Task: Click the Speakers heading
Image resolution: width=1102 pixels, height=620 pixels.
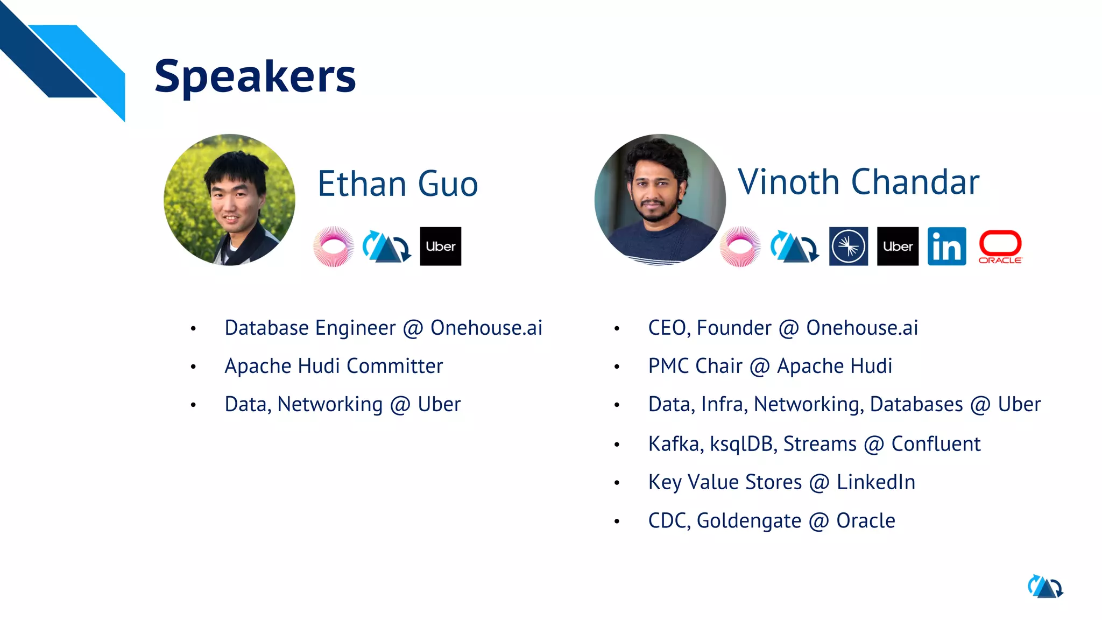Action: click(x=255, y=76)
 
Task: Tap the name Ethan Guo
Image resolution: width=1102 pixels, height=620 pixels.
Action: click(x=398, y=184)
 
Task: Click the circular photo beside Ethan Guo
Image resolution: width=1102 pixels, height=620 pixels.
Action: click(x=230, y=200)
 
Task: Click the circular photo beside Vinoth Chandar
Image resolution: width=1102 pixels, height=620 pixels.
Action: click(x=660, y=200)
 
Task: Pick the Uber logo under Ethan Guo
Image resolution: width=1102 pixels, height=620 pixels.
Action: click(x=440, y=246)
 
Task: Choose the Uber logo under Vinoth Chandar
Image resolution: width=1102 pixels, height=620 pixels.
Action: click(x=898, y=246)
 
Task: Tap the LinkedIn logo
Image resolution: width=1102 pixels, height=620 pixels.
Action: click(x=946, y=246)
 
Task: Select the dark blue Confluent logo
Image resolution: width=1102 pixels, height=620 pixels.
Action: click(x=849, y=246)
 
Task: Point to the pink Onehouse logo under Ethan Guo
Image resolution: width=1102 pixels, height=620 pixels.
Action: click(x=334, y=246)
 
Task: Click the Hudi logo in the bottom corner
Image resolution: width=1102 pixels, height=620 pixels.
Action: click(x=1045, y=587)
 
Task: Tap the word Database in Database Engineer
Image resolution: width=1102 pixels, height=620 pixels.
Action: click(x=266, y=328)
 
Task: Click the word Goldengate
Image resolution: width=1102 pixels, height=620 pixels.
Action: click(x=748, y=521)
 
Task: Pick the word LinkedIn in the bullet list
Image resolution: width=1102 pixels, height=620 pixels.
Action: click(x=875, y=482)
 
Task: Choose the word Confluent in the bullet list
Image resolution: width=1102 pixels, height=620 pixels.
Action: click(x=936, y=444)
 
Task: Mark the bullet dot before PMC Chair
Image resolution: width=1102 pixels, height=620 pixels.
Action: click(x=617, y=367)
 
